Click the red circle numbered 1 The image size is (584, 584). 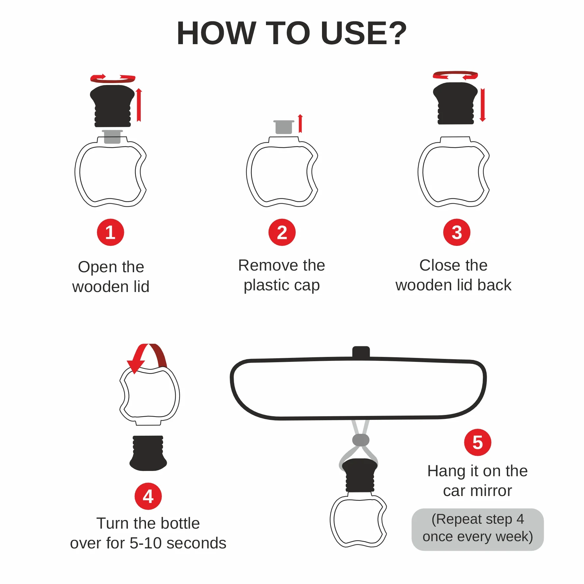[110, 232]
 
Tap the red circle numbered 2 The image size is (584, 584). [282, 232]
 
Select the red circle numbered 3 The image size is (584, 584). [456, 232]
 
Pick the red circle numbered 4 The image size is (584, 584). [148, 496]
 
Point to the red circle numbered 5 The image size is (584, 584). [478, 442]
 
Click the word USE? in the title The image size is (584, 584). [364, 33]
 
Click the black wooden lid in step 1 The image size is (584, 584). [112, 106]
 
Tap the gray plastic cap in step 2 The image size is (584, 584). [284, 127]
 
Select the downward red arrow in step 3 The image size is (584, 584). [483, 105]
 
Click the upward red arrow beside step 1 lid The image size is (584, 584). [139, 105]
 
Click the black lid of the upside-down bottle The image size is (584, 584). [148, 453]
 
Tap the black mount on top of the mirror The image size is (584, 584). [361, 352]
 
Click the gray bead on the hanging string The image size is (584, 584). [361, 440]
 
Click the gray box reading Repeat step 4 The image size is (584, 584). [478, 529]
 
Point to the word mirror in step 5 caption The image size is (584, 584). [491, 491]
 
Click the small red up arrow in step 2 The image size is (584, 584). [300, 124]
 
